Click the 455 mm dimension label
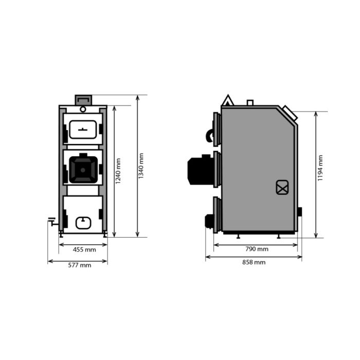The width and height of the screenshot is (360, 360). (84, 249)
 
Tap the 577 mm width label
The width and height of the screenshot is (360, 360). (79, 265)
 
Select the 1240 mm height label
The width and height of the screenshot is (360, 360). (118, 171)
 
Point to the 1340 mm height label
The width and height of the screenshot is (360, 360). (141, 166)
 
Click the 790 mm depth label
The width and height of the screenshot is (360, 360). (257, 249)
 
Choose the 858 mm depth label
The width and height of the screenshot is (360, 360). (254, 262)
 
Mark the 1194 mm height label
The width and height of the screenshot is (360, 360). (320, 168)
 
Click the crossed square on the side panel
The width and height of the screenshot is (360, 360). (282, 187)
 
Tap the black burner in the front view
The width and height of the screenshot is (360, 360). (83, 169)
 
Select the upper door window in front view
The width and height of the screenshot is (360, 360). (83, 130)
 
